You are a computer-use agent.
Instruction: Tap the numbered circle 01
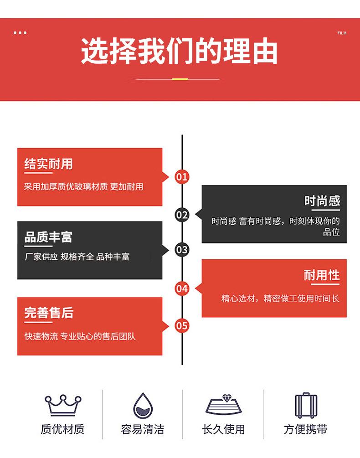pos(182,177)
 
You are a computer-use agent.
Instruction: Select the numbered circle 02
pos(182,214)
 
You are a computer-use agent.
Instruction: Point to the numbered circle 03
pos(182,250)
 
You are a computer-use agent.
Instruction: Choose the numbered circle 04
pos(182,288)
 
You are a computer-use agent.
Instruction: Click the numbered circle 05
pos(182,325)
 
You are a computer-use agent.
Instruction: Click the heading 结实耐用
pos(48,164)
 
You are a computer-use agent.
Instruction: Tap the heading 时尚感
pos(322,201)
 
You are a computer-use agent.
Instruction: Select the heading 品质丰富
pos(48,237)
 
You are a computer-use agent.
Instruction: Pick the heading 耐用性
pos(322,275)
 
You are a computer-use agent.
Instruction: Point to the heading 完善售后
pos(49,313)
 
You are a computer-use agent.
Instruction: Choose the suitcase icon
pos(305,405)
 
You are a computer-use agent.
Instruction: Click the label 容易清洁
pos(142,429)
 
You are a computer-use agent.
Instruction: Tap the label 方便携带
pos(305,429)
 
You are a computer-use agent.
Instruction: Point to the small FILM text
pos(342,33)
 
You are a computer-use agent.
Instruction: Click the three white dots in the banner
pos(20,33)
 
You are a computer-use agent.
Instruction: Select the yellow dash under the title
pos(180,79)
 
